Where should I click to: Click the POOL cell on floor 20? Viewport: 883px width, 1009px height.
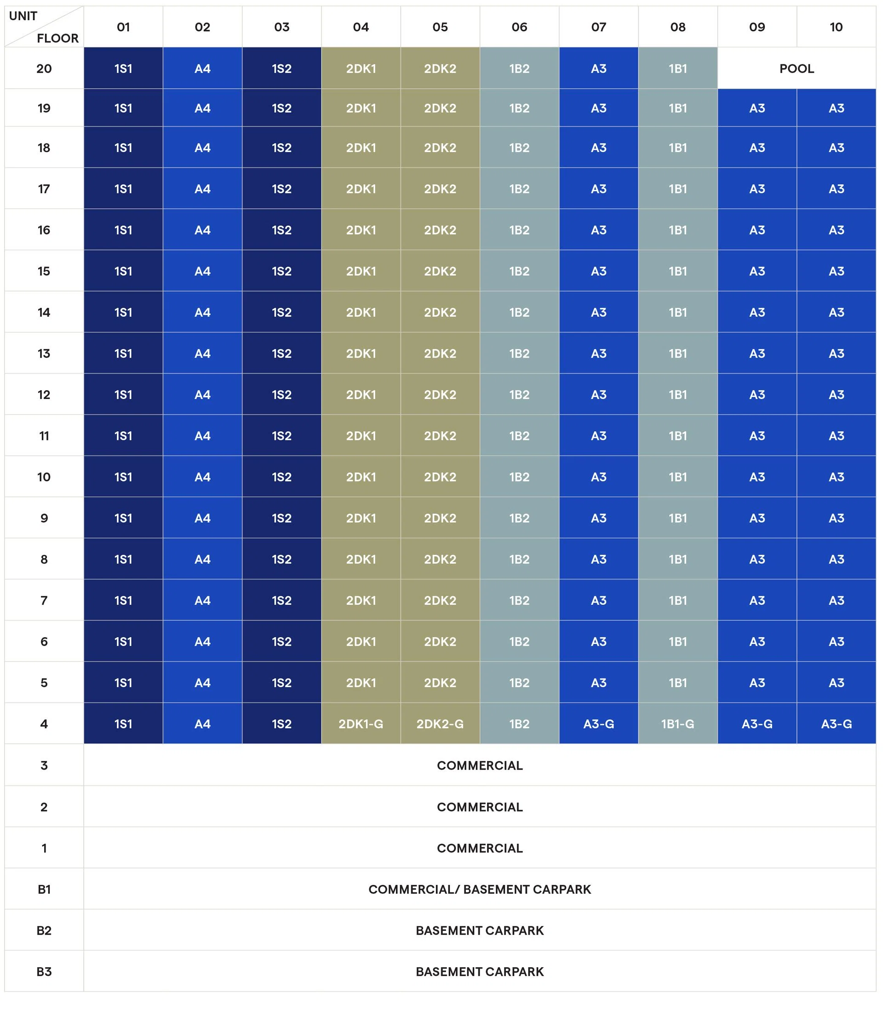tap(796, 68)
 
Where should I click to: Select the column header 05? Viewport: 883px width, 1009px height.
tap(440, 27)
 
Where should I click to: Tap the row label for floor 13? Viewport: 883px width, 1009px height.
tap(44, 353)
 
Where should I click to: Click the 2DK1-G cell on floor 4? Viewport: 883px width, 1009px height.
tap(361, 724)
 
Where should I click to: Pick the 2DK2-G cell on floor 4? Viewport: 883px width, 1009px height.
tap(440, 724)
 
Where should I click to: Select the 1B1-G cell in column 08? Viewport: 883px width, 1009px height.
tap(677, 724)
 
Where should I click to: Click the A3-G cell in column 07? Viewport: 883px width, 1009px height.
tap(599, 724)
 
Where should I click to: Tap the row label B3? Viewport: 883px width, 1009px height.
tap(44, 971)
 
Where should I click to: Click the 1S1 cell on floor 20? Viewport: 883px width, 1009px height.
tap(123, 68)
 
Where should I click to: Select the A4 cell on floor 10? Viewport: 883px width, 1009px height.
tap(202, 477)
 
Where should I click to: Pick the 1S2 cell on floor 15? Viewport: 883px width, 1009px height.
tap(282, 271)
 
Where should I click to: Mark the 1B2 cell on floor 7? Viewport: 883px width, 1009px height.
tap(519, 600)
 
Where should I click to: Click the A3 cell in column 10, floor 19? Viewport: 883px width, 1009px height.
tap(836, 108)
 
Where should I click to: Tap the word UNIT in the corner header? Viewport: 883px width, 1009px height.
tap(23, 16)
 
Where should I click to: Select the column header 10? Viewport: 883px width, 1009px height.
tap(836, 27)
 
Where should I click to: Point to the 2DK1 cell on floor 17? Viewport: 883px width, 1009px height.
tap(361, 188)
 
